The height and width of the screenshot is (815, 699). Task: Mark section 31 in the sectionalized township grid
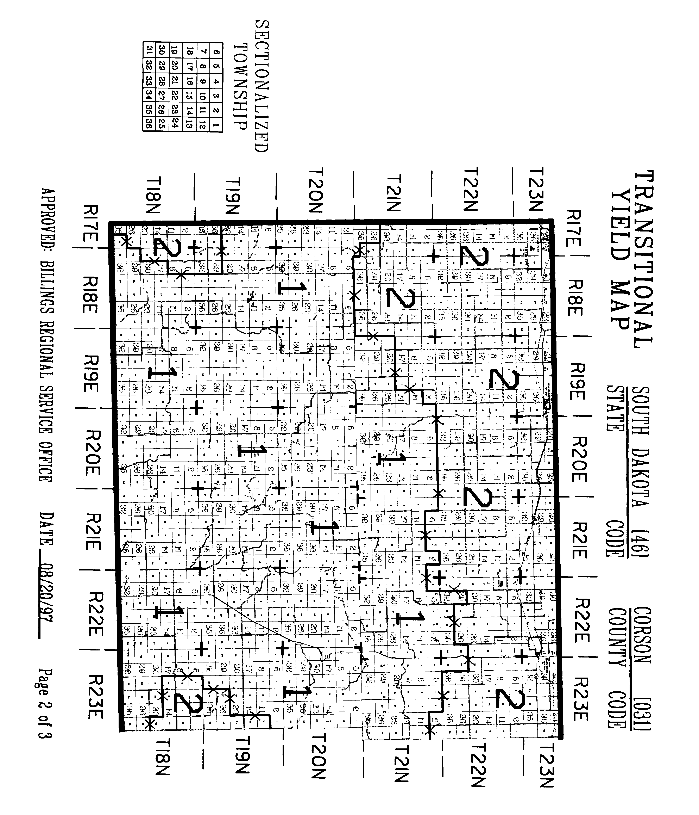point(149,51)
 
